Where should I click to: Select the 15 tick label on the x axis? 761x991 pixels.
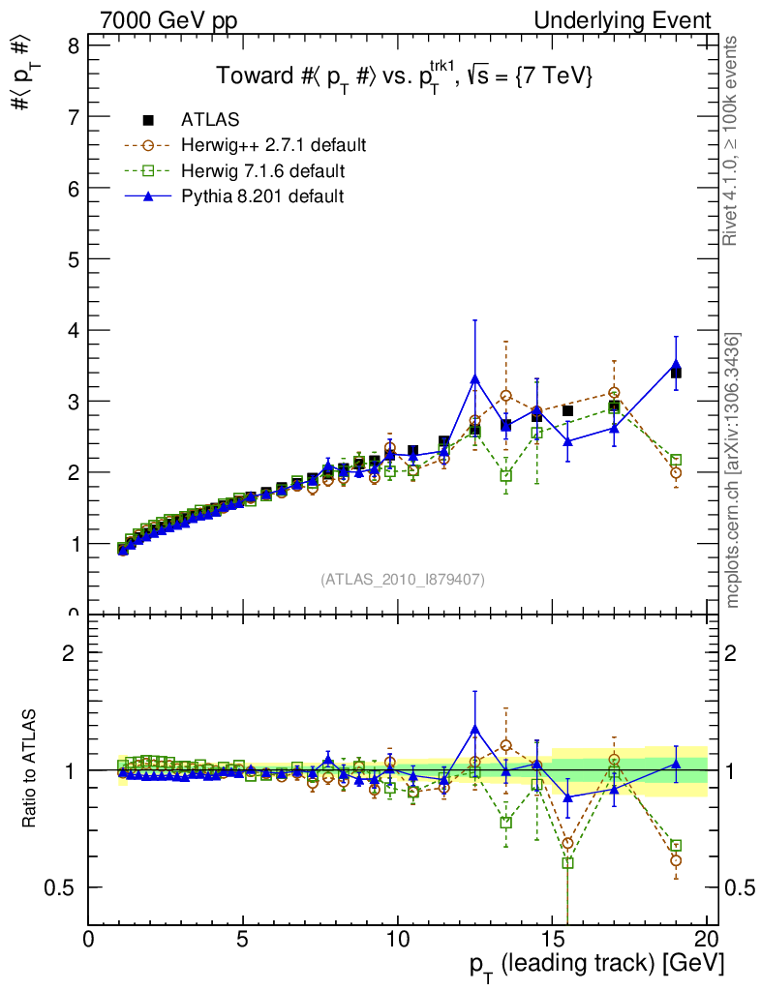click(x=552, y=939)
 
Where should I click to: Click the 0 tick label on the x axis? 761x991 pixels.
click(x=89, y=939)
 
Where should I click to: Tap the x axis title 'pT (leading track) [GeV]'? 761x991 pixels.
click(x=597, y=965)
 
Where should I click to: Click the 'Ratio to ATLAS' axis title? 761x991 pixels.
click(x=30, y=768)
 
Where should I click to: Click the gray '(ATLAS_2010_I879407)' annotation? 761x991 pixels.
click(x=403, y=580)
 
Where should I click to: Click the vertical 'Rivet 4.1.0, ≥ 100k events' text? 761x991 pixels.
click(x=733, y=140)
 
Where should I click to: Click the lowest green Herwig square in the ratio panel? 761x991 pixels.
click(x=567, y=862)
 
